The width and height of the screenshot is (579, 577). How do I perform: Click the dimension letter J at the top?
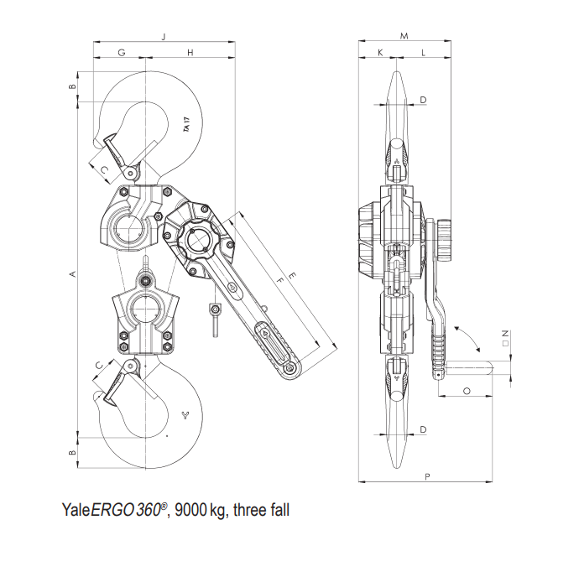164,36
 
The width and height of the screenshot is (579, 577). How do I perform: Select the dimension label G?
122,53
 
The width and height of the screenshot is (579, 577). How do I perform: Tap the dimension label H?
191,53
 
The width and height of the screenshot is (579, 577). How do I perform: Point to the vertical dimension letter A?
72,274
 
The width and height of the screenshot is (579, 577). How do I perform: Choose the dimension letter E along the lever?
291,274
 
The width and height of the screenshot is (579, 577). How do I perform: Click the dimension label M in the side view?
404,36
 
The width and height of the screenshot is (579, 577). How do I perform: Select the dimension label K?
380,53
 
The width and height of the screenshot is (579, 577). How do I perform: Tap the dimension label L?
422,53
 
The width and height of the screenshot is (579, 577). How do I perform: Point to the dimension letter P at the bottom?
428,477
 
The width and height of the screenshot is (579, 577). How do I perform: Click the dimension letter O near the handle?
466,391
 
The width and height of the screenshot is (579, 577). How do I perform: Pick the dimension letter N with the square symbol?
505,337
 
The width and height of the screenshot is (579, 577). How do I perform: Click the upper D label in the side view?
423,101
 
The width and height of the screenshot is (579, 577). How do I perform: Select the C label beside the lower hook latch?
101,365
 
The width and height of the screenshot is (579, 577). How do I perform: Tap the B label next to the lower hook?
72,453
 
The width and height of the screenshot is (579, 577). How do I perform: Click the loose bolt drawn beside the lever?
215,320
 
